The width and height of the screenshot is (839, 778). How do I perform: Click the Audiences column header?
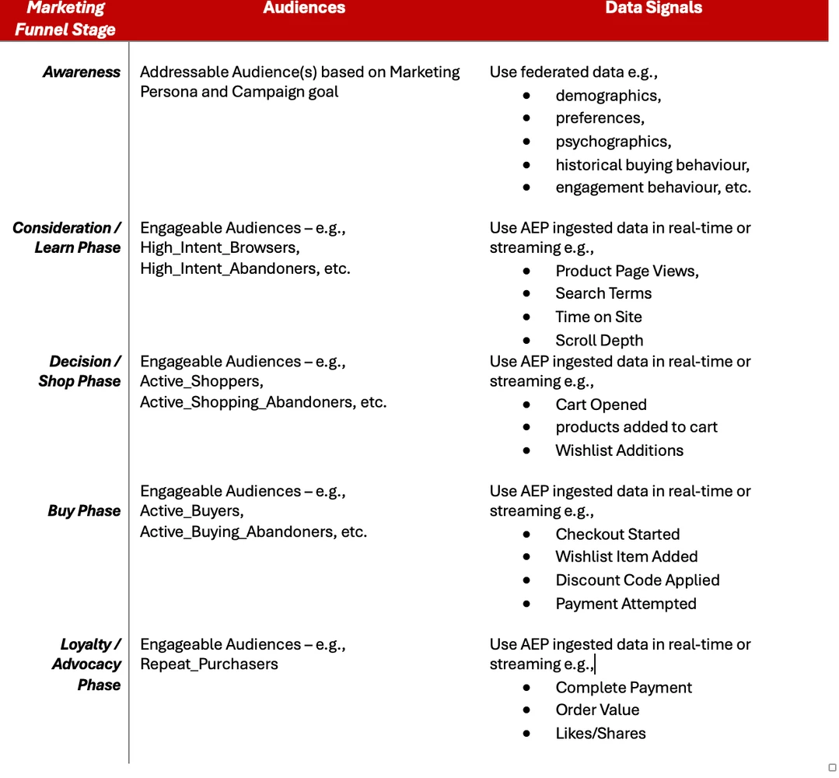[x=304, y=9]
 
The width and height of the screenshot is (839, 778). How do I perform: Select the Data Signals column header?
[x=653, y=9]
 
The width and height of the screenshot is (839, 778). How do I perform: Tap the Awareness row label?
[x=82, y=72]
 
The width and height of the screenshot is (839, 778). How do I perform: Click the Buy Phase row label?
[x=84, y=511]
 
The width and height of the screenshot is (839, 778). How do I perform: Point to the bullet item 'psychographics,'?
[x=613, y=142]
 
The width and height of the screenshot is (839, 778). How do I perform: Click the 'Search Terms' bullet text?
[x=603, y=293]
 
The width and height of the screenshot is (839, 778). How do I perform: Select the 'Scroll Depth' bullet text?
[x=599, y=341]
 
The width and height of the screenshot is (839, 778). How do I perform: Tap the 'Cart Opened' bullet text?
[x=601, y=405]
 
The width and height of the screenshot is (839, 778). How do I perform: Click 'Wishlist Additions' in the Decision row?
[x=619, y=450]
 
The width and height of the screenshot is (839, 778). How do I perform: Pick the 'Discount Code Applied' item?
[x=638, y=580]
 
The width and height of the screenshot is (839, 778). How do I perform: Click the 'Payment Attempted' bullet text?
[x=626, y=604]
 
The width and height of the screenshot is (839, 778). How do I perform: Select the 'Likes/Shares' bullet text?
[x=600, y=734]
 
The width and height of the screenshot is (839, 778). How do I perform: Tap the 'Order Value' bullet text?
[x=597, y=710]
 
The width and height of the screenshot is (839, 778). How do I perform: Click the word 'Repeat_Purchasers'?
[x=209, y=664]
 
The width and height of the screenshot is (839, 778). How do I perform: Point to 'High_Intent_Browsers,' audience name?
[x=220, y=248]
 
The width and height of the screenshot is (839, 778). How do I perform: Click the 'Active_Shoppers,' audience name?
[x=201, y=382]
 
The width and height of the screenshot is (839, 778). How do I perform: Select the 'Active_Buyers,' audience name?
[x=192, y=511]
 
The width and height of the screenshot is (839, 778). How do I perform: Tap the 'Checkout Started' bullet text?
[x=617, y=534]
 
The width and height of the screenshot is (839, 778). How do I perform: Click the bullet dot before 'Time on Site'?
[x=527, y=317]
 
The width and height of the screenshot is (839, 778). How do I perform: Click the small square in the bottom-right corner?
[x=832, y=767]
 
